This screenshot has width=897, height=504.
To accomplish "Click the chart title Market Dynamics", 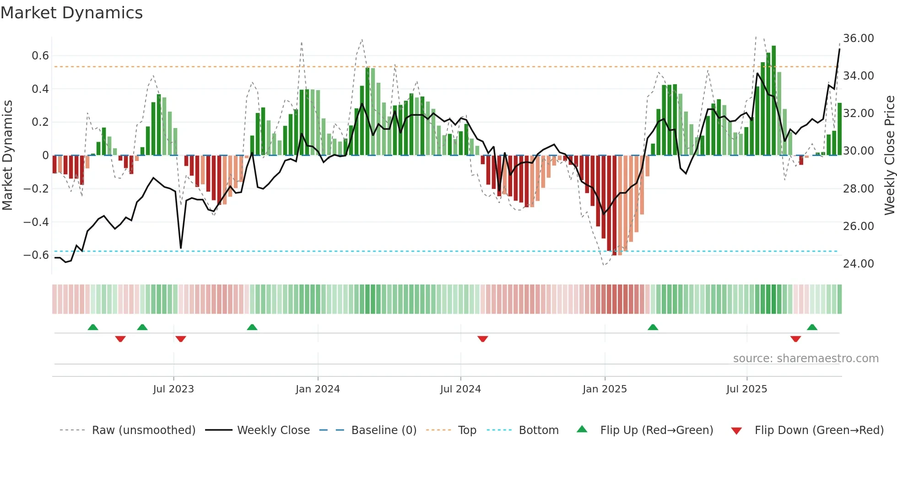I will (x=71, y=13).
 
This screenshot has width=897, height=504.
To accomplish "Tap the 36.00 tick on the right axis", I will (x=858, y=38).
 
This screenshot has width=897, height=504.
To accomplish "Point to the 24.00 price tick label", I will (x=858, y=264).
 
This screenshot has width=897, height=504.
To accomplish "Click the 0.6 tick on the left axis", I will (x=40, y=56).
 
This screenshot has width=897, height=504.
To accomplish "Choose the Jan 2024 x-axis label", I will (x=318, y=389).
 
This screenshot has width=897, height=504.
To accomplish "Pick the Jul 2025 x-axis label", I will (x=746, y=389).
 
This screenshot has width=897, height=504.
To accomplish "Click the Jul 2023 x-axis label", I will (x=173, y=389).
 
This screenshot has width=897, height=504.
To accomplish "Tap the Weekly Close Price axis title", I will (x=889, y=155).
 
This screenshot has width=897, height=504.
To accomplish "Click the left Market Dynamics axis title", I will (x=7, y=155).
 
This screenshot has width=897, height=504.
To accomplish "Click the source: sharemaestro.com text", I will (x=805, y=359).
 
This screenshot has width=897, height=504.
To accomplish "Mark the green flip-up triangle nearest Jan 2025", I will (x=653, y=327).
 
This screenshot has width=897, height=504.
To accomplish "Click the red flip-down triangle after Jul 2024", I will (x=483, y=339).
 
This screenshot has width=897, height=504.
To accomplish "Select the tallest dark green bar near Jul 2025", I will (x=773, y=101).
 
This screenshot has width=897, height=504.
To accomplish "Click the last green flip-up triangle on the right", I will (x=812, y=327).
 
